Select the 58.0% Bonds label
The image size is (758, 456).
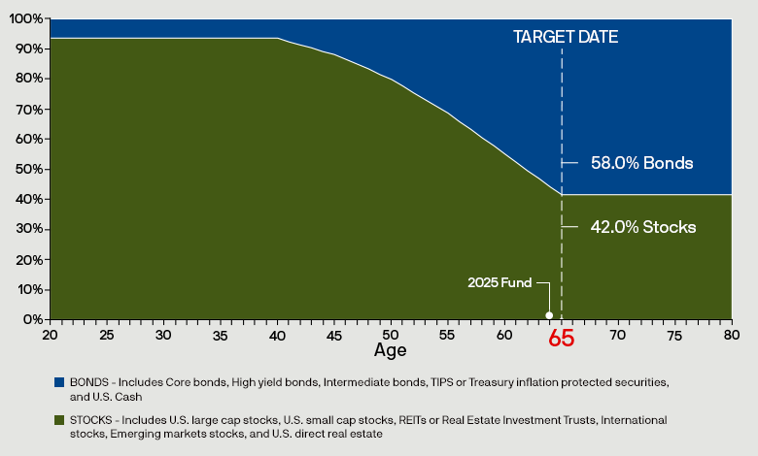[x=641, y=163]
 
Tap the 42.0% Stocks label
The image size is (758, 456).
[x=643, y=227]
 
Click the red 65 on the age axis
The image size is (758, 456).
[x=562, y=339]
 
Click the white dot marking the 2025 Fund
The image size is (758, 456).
[x=549, y=315]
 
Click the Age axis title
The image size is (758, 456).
[x=391, y=349]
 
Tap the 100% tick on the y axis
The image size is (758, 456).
[x=26, y=18]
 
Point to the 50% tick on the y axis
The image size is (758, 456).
[x=29, y=169]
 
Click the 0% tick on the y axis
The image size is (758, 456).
[x=32, y=319]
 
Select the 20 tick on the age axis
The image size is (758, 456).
[x=50, y=334]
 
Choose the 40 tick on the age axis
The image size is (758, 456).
[x=277, y=334]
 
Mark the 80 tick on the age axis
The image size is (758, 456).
[x=732, y=334]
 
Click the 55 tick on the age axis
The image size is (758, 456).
[x=448, y=334]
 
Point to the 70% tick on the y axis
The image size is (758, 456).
[x=29, y=109]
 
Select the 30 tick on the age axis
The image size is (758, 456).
[x=163, y=334]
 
